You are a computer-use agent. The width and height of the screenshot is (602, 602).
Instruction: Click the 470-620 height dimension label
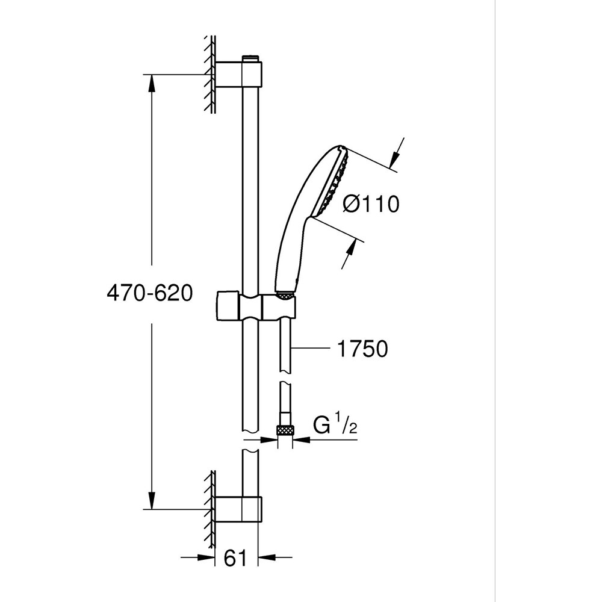[x=149, y=293]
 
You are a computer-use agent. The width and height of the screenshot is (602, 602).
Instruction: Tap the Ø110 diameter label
[x=371, y=205]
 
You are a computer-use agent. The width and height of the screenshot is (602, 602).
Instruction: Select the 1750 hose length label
[x=362, y=349]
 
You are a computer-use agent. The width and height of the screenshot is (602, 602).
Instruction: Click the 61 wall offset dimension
[x=236, y=559]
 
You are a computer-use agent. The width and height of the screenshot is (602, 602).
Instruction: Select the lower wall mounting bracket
[x=239, y=509]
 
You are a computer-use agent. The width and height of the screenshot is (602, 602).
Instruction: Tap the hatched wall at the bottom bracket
[x=210, y=509]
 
